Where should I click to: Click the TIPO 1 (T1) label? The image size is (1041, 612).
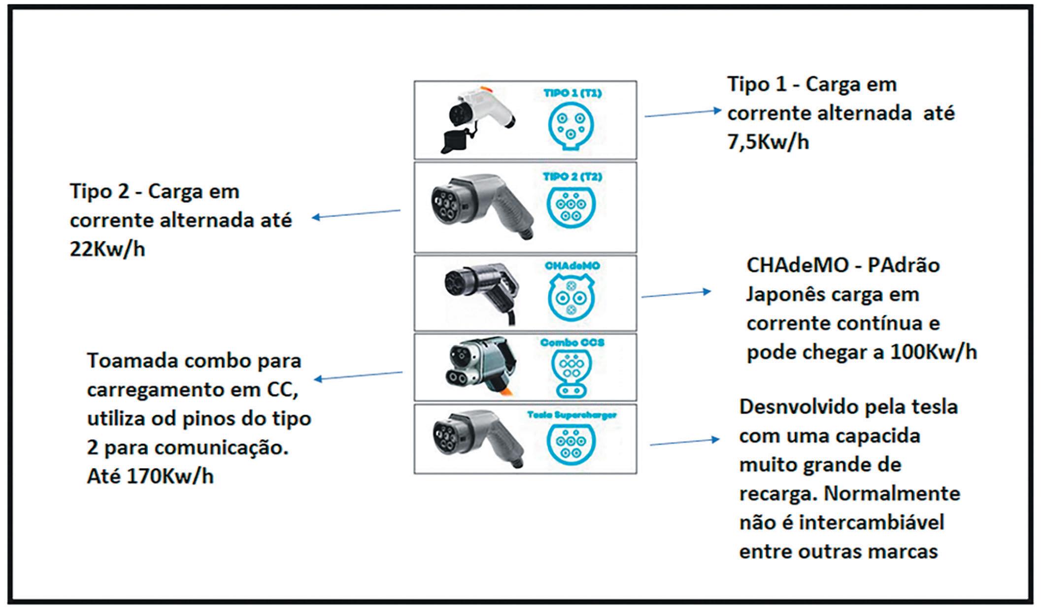tap(572, 93)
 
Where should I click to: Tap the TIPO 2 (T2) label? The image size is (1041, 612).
tap(572, 176)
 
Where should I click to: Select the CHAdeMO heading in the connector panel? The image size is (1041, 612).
tap(572, 266)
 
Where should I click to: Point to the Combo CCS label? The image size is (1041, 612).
tap(572, 342)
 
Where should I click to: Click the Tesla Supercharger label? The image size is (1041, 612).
tap(571, 415)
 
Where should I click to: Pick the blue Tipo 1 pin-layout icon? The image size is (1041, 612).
tap(571, 126)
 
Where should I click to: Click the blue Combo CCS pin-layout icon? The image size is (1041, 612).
tap(571, 374)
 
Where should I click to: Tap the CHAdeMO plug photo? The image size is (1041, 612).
tap(480, 291)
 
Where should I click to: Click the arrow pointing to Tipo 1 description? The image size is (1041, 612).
tap(683, 113)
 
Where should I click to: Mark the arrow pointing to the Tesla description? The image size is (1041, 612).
tap(684, 442)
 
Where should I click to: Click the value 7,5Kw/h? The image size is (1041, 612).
tap(768, 142)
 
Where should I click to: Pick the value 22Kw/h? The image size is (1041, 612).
tap(107, 249)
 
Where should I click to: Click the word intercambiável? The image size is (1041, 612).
tap(871, 523)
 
